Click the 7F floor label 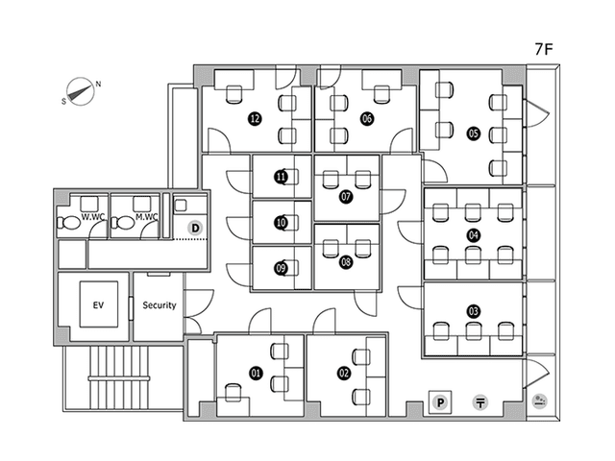[x=544, y=49]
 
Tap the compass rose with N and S [x=81, y=92]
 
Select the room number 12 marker [x=255, y=118]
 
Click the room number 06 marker [x=367, y=118]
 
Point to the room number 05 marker [x=474, y=133]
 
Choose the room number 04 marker [x=474, y=235]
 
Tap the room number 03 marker [x=474, y=311]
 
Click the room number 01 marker [x=256, y=373]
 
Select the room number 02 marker [x=344, y=373]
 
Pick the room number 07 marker [x=346, y=196]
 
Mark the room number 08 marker [x=346, y=261]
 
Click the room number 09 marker [x=281, y=268]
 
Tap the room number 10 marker [x=281, y=223]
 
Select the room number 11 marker [x=281, y=177]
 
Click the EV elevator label [x=98, y=305]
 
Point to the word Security [x=160, y=305]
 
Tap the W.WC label [x=92, y=217]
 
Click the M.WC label [x=147, y=217]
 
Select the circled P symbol [x=440, y=402]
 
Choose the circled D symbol [x=195, y=229]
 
